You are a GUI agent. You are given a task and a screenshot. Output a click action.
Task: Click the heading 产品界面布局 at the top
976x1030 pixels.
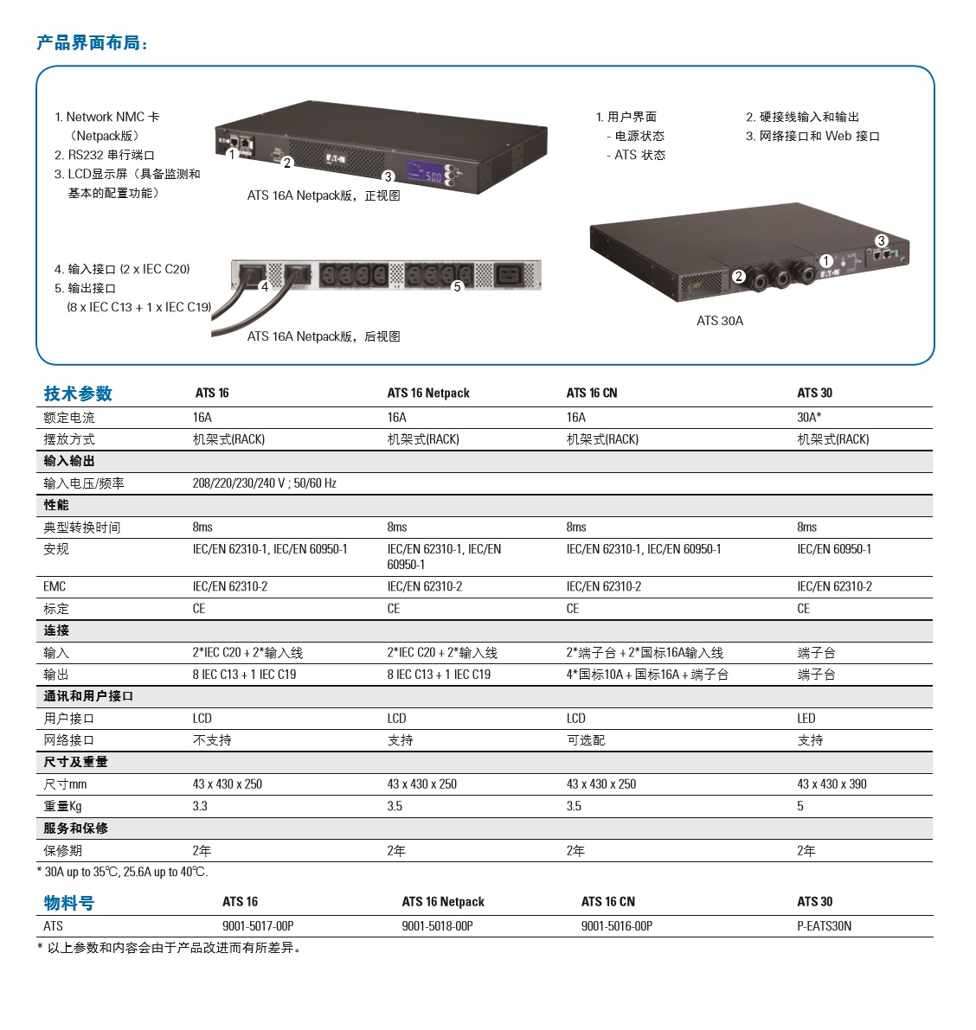(x=92, y=42)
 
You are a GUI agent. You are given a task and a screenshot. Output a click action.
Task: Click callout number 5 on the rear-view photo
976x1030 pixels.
(x=458, y=286)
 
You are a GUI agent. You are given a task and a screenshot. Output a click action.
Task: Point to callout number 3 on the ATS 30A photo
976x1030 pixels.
(x=881, y=240)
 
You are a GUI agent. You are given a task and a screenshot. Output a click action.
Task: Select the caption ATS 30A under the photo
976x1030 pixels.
(x=719, y=321)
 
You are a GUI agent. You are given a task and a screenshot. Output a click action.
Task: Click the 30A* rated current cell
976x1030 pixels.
(x=809, y=417)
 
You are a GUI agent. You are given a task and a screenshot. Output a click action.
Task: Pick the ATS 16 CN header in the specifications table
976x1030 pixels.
(x=592, y=393)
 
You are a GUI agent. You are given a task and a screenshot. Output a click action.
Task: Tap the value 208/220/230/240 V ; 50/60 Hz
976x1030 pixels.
(x=264, y=483)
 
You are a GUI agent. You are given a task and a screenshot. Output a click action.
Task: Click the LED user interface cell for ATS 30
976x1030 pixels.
(x=806, y=718)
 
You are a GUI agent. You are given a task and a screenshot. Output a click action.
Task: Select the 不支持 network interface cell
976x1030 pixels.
(x=212, y=740)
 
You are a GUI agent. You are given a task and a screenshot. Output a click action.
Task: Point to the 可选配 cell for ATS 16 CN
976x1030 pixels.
(x=586, y=740)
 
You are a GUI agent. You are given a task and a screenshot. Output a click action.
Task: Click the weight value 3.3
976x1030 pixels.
(x=200, y=806)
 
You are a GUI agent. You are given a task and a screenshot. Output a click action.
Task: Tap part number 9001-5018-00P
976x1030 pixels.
(x=437, y=926)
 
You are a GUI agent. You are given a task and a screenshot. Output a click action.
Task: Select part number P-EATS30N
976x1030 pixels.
(x=824, y=926)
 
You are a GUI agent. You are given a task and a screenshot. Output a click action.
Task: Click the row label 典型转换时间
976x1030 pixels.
(x=82, y=528)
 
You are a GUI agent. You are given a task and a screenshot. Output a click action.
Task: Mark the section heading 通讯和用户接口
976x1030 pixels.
(x=88, y=696)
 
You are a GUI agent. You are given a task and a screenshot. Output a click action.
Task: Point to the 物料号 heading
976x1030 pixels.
(x=69, y=903)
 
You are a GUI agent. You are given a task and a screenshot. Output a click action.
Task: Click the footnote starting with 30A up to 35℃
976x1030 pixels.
(x=125, y=872)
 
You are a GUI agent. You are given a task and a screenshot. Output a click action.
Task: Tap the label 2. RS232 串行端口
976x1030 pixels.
(x=105, y=155)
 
